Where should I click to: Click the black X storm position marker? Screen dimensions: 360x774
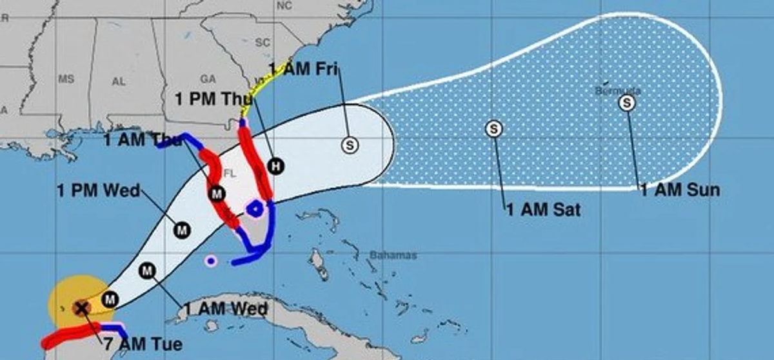[81, 308]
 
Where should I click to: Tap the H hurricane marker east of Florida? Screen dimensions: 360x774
[276, 166]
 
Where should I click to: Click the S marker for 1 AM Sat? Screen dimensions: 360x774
[494, 128]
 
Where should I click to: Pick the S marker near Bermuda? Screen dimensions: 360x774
[626, 103]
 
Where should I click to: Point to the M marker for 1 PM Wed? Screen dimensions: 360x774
[182, 228]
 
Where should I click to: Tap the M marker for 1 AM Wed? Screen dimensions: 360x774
[148, 270]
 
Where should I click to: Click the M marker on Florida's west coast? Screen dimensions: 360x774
[217, 192]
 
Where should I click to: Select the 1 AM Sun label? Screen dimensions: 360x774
[679, 190]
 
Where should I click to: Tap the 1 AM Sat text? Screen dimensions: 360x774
[544, 210]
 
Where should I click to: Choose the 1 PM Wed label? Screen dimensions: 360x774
[98, 190]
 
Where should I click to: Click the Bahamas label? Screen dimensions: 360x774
[393, 255]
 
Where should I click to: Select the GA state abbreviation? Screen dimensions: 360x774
[208, 79]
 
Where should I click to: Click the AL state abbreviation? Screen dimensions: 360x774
[119, 81]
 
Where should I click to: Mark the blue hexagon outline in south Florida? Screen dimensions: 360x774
[256, 208]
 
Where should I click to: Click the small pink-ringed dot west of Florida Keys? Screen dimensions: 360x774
[210, 261]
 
